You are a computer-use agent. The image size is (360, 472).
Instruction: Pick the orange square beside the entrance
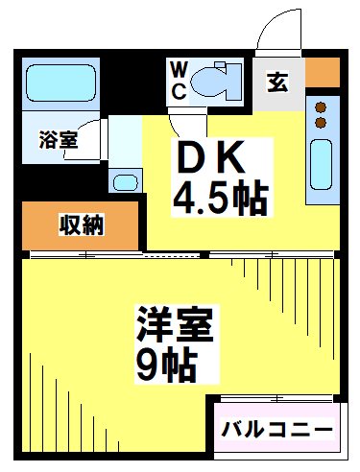click(x=322, y=71)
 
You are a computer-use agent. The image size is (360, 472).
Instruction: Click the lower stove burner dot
click(x=322, y=122)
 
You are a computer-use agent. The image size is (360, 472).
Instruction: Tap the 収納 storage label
click(x=82, y=225)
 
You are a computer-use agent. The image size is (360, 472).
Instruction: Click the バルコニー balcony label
click(x=277, y=429)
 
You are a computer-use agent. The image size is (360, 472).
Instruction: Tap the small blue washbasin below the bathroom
click(x=125, y=181)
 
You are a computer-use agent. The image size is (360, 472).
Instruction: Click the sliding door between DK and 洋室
click(x=173, y=253)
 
